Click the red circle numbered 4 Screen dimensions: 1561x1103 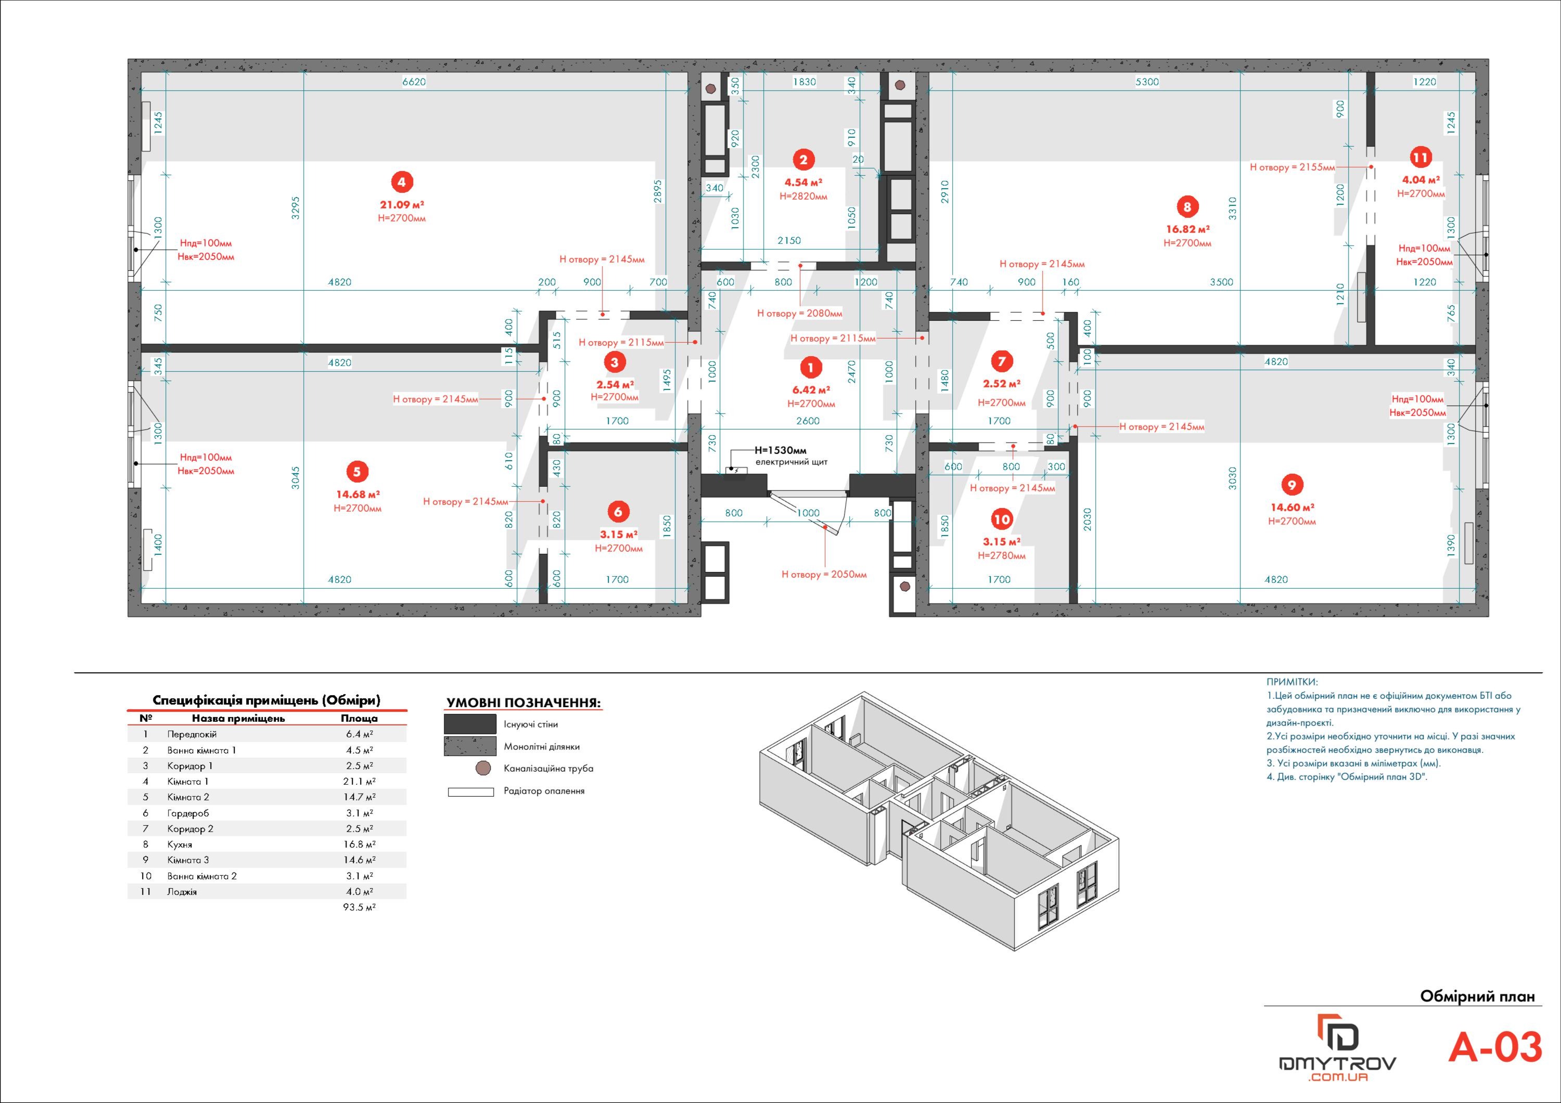coord(402,182)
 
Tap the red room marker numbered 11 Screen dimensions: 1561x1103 coord(1421,158)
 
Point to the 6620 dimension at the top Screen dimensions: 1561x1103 coord(414,82)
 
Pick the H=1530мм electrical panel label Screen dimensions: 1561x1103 coord(780,450)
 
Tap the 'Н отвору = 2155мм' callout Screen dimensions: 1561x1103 coord(1293,167)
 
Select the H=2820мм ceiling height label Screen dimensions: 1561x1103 coord(803,197)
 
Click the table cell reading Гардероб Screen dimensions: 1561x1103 coord(188,813)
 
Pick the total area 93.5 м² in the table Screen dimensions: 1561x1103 coord(359,908)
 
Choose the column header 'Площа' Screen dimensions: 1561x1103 coord(359,718)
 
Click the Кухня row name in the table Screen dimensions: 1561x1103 coord(180,845)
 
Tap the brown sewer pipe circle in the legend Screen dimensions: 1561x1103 coord(483,769)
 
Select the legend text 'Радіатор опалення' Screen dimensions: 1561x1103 coord(544,791)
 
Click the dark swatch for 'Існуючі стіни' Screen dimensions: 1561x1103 coord(470,724)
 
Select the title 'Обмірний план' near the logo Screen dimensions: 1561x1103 coord(1477,997)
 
